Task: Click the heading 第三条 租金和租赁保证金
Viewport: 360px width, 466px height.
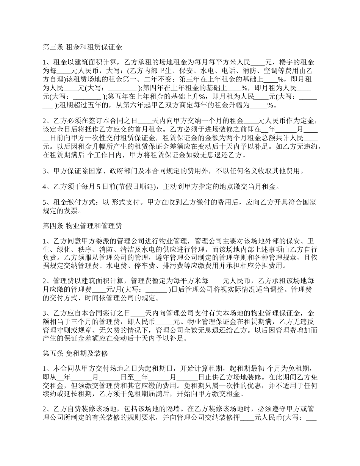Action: click(x=82, y=47)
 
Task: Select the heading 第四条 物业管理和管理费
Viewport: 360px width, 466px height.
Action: click(x=82, y=226)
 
